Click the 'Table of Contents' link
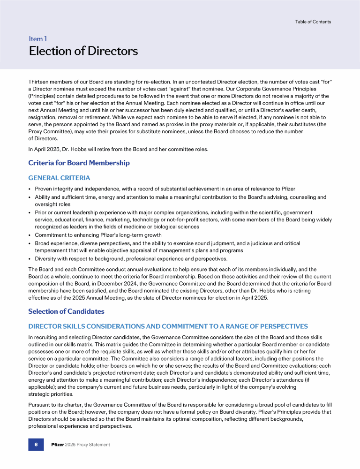(x=313, y=22)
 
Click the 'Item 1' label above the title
(x=37, y=39)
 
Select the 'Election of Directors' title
(x=83, y=51)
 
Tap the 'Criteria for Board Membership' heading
(x=79, y=163)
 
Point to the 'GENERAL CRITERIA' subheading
(x=59, y=178)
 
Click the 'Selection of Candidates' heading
(x=66, y=311)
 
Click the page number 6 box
(x=36, y=444)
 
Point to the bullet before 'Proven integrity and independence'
(x=30, y=189)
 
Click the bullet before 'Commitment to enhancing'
(x=30, y=235)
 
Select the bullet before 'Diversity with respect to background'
(x=30, y=258)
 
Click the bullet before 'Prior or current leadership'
(x=30, y=212)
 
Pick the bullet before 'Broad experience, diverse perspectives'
(x=30, y=243)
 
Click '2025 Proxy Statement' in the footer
(x=89, y=445)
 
